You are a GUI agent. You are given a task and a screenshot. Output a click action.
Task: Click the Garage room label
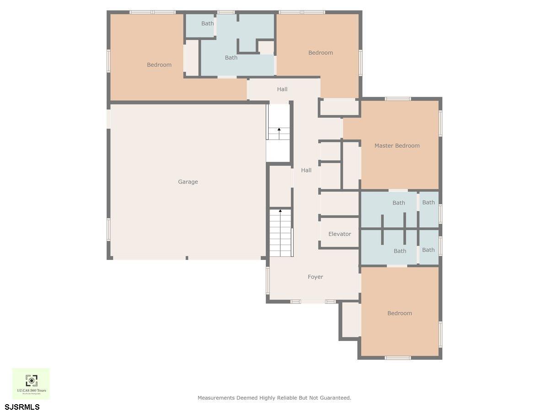(188, 182)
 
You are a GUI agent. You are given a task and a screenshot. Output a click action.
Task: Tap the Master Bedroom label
(397, 146)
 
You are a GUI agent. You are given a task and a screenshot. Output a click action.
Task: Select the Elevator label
(339, 234)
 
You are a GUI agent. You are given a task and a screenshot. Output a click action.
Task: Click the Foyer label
(315, 277)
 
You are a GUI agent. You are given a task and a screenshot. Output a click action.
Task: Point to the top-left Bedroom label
(159, 65)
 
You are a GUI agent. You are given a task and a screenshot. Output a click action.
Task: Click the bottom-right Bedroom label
(399, 313)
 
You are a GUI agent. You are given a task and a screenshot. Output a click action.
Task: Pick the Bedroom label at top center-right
(320, 53)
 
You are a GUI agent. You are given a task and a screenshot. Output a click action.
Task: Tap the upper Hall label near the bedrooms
(282, 89)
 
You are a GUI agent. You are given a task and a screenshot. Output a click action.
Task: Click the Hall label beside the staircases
(306, 170)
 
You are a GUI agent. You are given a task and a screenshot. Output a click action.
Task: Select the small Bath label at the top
(207, 23)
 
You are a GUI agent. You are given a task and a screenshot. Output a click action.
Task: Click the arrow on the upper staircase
(279, 130)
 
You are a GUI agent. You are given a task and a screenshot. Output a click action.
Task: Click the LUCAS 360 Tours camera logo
(31, 381)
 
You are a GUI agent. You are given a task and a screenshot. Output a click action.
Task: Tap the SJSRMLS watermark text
(22, 407)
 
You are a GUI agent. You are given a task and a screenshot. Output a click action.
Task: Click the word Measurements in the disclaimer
(216, 398)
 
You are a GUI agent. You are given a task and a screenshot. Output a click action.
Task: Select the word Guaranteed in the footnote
(335, 398)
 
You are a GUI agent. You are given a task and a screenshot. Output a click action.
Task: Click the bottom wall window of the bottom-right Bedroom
(398, 358)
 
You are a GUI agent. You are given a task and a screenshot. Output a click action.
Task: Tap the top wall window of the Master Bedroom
(398, 99)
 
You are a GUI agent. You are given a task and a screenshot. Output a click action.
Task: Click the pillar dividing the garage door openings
(187, 258)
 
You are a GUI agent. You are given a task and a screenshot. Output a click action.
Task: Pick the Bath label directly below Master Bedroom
(398, 203)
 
